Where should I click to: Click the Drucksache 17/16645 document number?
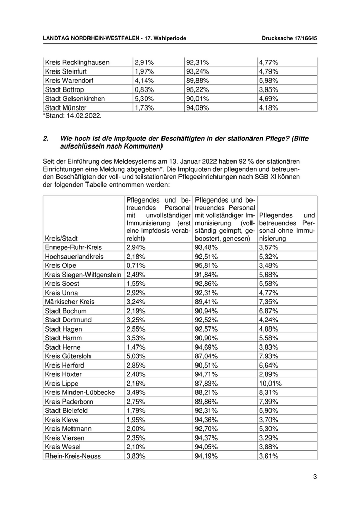click(289, 39)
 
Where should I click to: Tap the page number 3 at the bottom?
click(315, 477)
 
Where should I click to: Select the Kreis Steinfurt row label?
click(67, 71)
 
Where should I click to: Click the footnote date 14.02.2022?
click(85, 116)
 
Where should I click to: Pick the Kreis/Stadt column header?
click(62, 238)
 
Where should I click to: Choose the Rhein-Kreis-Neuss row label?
click(73, 456)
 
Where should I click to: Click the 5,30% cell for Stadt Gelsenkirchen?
click(137, 98)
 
